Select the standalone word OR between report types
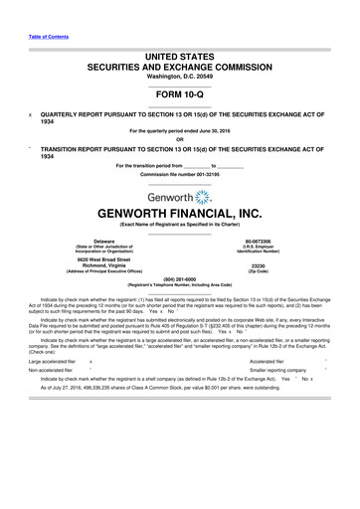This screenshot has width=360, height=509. (179, 136)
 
